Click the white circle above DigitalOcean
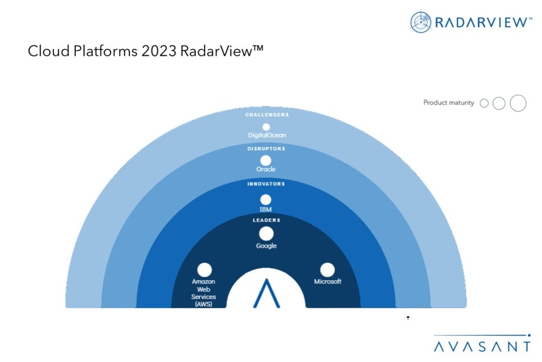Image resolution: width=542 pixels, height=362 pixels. [266, 127]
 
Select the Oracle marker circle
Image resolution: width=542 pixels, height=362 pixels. [266, 160]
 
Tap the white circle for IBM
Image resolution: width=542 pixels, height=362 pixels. [266, 200]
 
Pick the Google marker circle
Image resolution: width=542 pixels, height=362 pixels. [266, 234]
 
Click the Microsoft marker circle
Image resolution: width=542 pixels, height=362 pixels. [327, 270]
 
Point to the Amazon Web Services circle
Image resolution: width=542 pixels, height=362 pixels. [204, 270]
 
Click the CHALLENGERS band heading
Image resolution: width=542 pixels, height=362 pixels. [267, 115]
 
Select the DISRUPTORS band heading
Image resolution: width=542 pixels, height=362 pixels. [266, 149]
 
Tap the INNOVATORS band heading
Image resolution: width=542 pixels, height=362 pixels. [266, 184]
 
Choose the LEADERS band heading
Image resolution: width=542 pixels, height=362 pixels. [266, 220]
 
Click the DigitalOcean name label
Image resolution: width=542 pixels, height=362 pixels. [267, 135]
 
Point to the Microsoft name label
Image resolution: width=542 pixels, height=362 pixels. [328, 281]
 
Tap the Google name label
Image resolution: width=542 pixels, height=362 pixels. [266, 246]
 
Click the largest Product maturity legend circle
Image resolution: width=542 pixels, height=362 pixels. [518, 103]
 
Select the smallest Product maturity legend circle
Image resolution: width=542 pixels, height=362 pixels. [484, 103]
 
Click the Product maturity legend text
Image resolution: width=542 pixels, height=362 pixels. [448, 103]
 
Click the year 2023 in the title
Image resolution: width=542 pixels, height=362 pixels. [160, 51]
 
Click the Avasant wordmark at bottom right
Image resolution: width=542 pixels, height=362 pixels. [482, 346]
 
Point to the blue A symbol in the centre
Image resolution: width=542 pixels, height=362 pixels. [266, 293]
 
